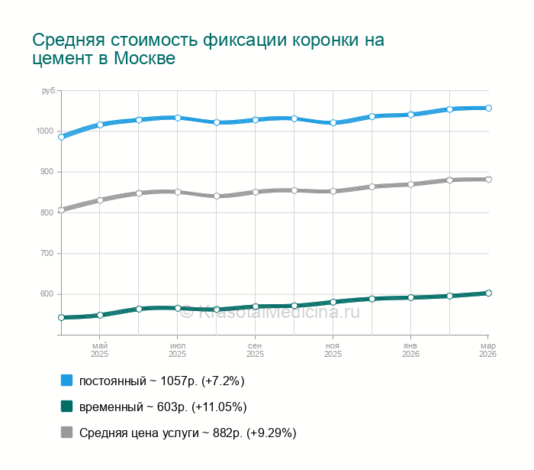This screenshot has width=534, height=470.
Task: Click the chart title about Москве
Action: tap(207, 49)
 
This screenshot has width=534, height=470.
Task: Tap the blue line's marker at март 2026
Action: tap(488, 108)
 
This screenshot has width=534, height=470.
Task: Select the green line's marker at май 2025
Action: tap(100, 315)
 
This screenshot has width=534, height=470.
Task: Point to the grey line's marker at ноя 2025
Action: tap(333, 191)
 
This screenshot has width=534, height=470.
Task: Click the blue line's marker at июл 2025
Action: tap(178, 118)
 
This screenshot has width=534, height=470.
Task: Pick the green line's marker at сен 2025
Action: tap(256, 306)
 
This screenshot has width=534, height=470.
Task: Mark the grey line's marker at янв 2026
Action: tap(410, 184)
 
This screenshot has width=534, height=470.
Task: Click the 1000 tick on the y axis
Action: tap(44, 131)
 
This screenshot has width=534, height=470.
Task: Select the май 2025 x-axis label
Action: tap(100, 349)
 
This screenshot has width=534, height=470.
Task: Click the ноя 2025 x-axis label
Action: tap(333, 349)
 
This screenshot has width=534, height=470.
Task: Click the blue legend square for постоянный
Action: tap(66, 380)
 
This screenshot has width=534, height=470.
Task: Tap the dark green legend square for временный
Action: tap(66, 406)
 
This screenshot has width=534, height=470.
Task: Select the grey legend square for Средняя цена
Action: tap(66, 433)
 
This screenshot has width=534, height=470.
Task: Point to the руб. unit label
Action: tap(48, 91)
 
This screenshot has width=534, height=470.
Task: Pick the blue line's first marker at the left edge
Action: tap(61, 137)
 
